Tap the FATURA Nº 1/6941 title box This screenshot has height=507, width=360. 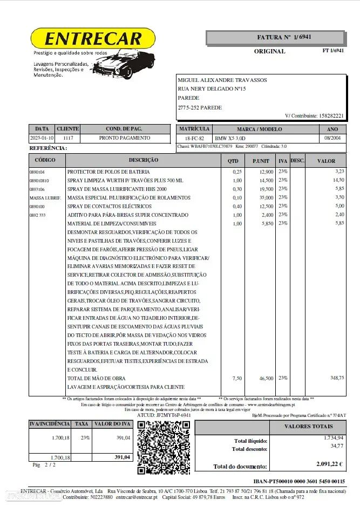coord(275,37)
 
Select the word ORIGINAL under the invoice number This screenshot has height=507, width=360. coord(269,51)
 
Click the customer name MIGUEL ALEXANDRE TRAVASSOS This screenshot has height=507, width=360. coord(222,80)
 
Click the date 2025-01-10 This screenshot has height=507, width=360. coord(42,138)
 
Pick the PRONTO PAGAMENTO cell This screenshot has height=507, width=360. coord(125,138)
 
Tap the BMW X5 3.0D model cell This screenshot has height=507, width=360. coord(230,139)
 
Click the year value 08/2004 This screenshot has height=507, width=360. coord(332,139)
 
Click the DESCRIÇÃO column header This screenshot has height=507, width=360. coord(143,160)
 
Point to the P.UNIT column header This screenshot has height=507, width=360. coord(261,161)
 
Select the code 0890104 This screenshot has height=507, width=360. coord(38,172)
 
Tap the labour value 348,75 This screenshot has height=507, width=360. coord(337,378)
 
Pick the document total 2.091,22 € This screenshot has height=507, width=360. coord(330,463)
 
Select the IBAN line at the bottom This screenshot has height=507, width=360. coord(298,481)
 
